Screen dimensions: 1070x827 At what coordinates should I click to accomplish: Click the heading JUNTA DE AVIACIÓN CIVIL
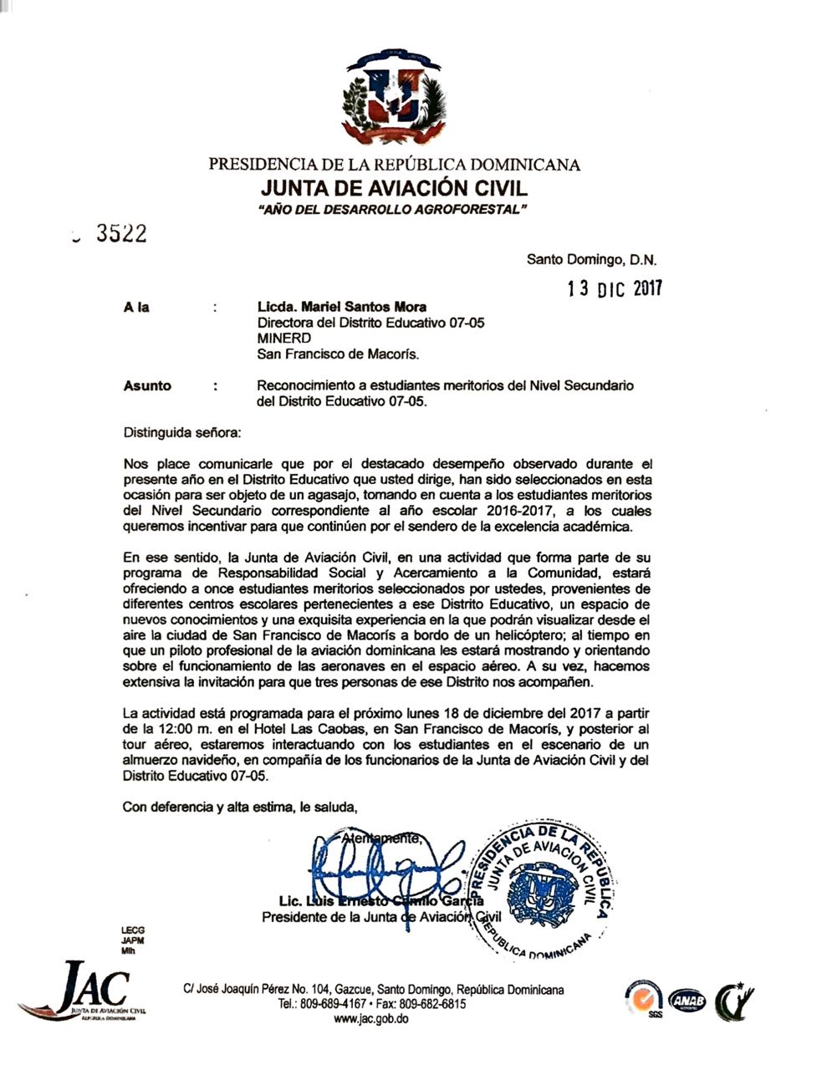pyautogui.click(x=394, y=186)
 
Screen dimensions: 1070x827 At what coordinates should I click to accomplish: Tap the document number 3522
pyautogui.click(x=121, y=234)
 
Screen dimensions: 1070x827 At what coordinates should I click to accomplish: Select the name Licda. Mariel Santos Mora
pyautogui.click(x=341, y=307)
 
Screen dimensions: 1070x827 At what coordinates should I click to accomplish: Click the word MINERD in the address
pyautogui.click(x=284, y=338)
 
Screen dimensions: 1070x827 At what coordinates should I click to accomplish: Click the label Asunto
pyautogui.click(x=147, y=386)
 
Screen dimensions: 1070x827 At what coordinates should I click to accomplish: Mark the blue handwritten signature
pyautogui.click(x=380, y=869)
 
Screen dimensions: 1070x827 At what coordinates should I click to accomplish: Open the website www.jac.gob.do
pyautogui.click(x=370, y=1019)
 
